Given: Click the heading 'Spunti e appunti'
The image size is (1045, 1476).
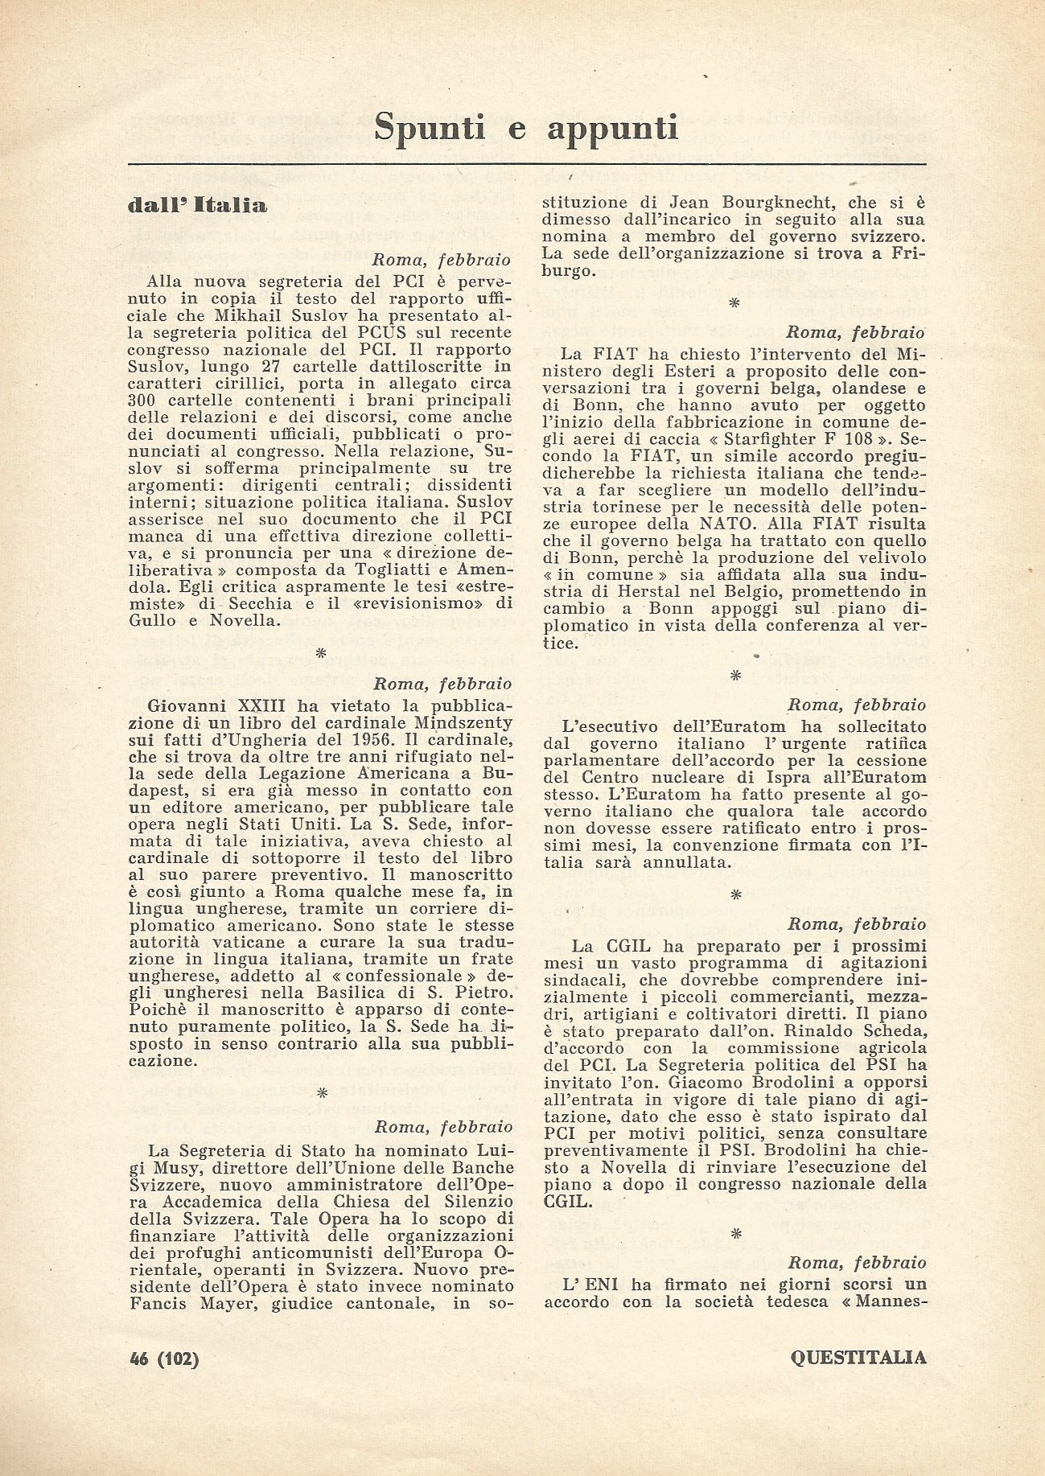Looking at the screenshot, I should [x=527, y=128].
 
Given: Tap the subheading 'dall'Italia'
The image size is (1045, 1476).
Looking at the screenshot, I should [x=197, y=206].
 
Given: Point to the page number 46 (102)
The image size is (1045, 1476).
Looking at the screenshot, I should [x=163, y=1359].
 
